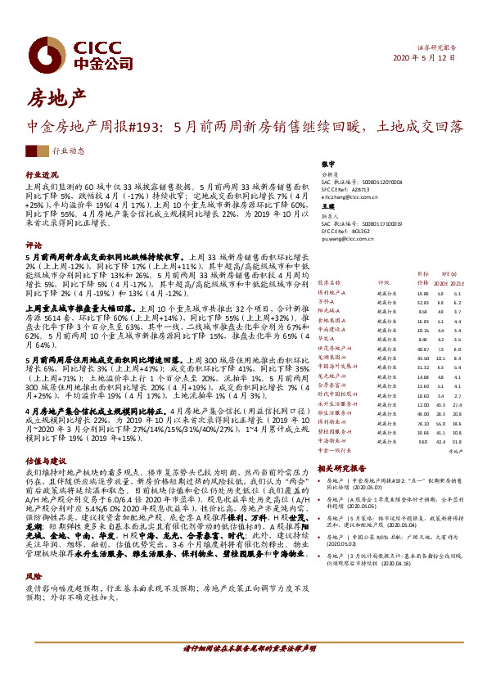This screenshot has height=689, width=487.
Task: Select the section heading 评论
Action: [x=34, y=245]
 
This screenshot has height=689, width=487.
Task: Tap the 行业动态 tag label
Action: [x=69, y=151]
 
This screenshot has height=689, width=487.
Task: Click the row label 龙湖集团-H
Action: [x=333, y=357]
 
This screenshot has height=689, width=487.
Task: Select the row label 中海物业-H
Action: [x=333, y=440]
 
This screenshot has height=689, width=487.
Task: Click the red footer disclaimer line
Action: [x=243, y=669]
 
